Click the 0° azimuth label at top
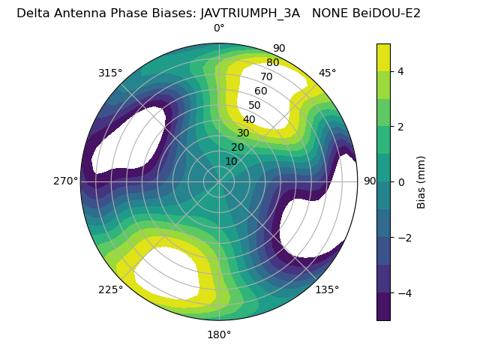(219, 28)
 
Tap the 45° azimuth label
(327, 73)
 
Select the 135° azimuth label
(327, 289)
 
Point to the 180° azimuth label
(219, 334)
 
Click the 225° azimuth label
(110, 290)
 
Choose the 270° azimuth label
(65, 181)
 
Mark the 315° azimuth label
(110, 73)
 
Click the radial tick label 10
(231, 161)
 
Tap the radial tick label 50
(254, 105)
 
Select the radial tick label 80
(273, 62)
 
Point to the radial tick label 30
(243, 133)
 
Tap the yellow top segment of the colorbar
(383, 57)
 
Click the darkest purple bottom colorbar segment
(383, 307)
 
